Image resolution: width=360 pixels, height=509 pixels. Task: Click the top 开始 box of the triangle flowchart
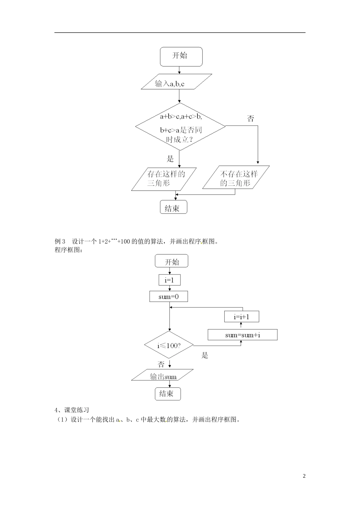[x=181, y=56]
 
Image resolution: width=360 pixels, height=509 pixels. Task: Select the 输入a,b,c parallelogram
[x=175, y=82]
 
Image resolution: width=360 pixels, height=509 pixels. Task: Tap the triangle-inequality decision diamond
[x=180, y=127]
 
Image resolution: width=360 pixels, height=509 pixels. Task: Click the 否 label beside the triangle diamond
[x=251, y=119]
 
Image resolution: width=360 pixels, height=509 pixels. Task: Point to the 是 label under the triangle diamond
[x=171, y=159]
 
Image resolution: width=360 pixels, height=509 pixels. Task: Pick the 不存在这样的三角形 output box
[x=236, y=178]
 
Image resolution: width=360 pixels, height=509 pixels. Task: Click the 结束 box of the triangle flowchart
[x=173, y=208]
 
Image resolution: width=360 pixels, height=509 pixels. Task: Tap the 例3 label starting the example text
[x=60, y=241]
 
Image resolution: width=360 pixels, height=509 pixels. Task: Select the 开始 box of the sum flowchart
[x=172, y=262]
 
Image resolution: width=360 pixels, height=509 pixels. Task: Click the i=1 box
[x=169, y=280]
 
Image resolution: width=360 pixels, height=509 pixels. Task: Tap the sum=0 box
[x=169, y=297]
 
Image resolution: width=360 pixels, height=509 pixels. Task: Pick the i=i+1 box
[x=241, y=316]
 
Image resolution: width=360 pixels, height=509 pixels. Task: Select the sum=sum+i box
[x=243, y=335]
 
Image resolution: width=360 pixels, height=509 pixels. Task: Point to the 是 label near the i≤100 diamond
[x=205, y=355]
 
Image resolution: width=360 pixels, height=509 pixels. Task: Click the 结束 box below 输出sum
[x=167, y=394]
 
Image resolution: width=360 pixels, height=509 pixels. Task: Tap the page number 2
[x=304, y=476]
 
